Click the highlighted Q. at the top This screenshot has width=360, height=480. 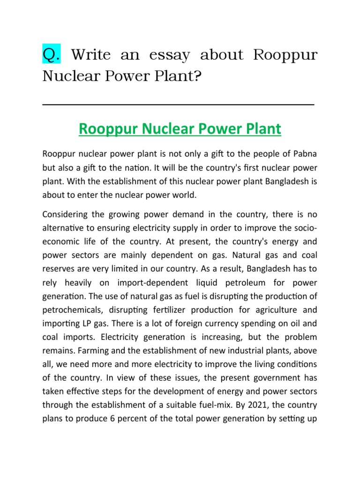(x=51, y=56)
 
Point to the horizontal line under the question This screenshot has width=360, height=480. (x=178, y=105)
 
